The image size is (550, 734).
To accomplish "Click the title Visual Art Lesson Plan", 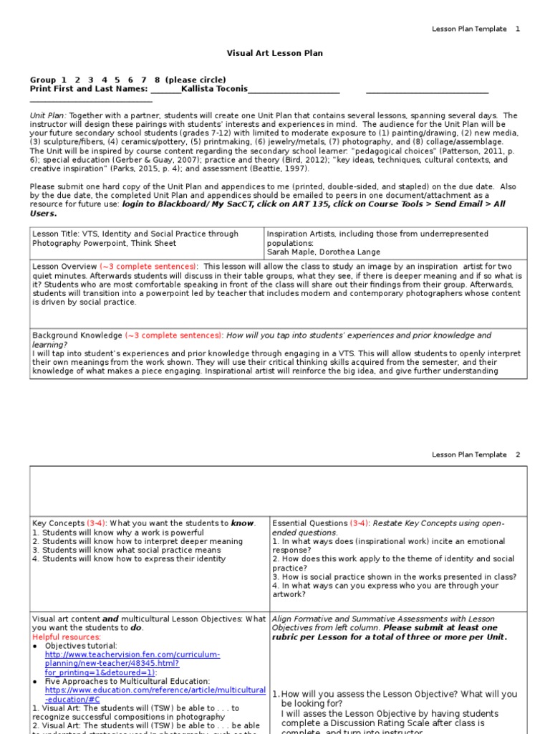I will pos(275,53).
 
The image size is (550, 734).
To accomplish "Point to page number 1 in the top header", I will pos(518,29).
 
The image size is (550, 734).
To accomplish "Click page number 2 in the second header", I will pos(518,454).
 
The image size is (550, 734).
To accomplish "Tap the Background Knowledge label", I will pos(77,335).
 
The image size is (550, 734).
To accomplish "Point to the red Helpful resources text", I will pos(66,637).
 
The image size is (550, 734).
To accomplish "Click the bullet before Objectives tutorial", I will pos(35,646).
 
